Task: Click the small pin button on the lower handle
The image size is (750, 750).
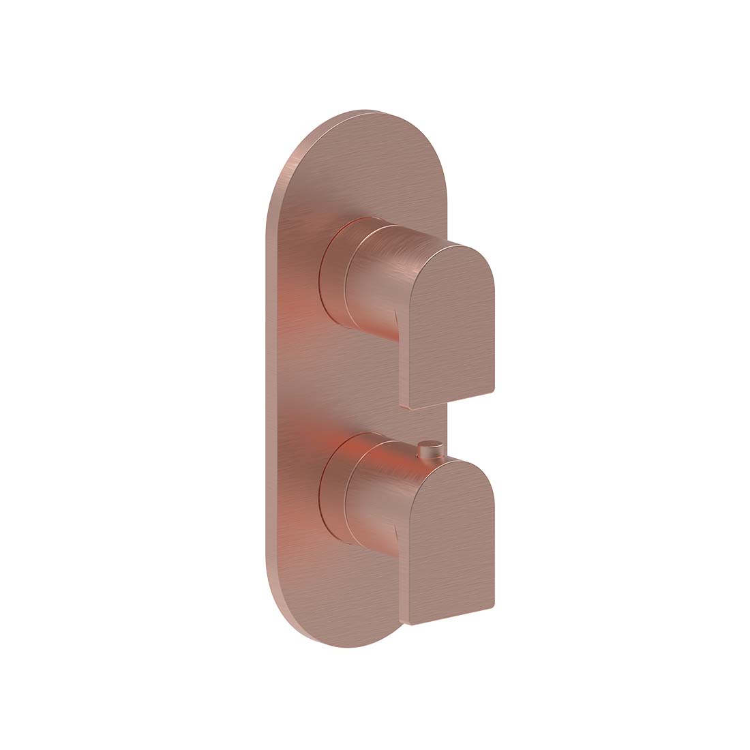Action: click(x=428, y=447)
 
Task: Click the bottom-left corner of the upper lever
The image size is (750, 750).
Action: click(x=411, y=407)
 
